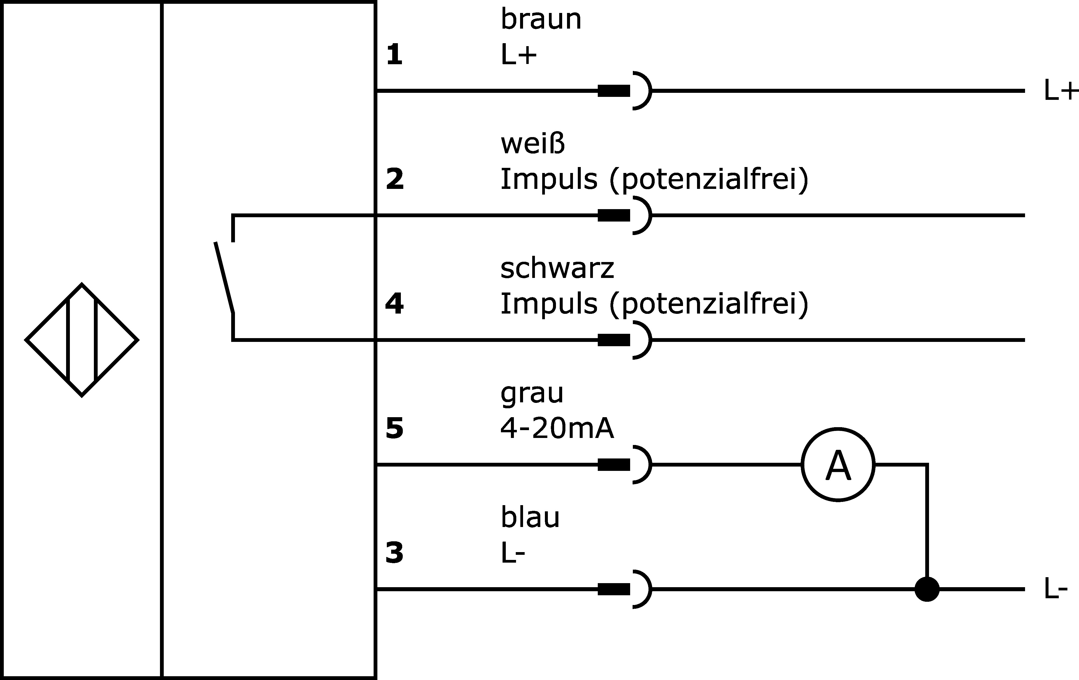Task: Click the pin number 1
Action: click(x=394, y=55)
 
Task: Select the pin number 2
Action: click(x=394, y=179)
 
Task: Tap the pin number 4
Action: click(x=394, y=304)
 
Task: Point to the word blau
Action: click(x=530, y=517)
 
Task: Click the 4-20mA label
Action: click(x=557, y=429)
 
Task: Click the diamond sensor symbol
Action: click(x=81, y=340)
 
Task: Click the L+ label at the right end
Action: click(x=1060, y=91)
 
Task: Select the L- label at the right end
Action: click(x=1056, y=589)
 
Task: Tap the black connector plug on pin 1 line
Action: click(x=614, y=91)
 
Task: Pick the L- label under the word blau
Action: click(x=513, y=553)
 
